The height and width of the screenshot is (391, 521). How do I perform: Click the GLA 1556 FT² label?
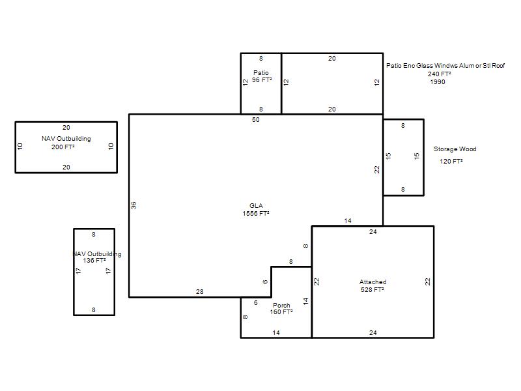click(256, 209)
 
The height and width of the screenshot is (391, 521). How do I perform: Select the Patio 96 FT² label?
click(262, 76)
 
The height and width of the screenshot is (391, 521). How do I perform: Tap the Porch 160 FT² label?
click(281, 308)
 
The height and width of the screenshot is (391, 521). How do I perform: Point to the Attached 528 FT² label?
click(373, 285)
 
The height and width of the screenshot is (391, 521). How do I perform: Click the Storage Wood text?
click(455, 149)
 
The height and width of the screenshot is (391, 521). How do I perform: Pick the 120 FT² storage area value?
click(451, 161)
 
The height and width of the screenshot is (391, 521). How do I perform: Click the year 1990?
click(437, 82)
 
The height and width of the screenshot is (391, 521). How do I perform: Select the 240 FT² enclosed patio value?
click(439, 74)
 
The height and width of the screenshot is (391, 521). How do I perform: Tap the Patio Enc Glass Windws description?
click(445, 66)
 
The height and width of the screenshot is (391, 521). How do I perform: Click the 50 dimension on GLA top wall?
click(255, 120)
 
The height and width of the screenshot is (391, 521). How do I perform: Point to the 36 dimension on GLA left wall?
click(134, 205)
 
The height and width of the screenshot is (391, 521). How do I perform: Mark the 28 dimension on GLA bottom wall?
click(200, 291)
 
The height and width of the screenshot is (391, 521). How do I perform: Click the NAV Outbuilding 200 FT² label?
click(66, 143)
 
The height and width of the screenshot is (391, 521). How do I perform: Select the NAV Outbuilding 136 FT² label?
click(96, 257)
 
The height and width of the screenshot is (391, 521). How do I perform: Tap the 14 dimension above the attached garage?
click(348, 220)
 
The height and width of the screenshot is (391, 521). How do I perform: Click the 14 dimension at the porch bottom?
click(276, 332)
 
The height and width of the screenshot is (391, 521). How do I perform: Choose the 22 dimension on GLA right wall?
click(377, 169)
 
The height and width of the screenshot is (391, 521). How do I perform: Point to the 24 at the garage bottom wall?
click(373, 332)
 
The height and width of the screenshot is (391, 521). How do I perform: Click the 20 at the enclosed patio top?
click(332, 59)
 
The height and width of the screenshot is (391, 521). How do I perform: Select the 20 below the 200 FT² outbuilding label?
click(66, 167)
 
